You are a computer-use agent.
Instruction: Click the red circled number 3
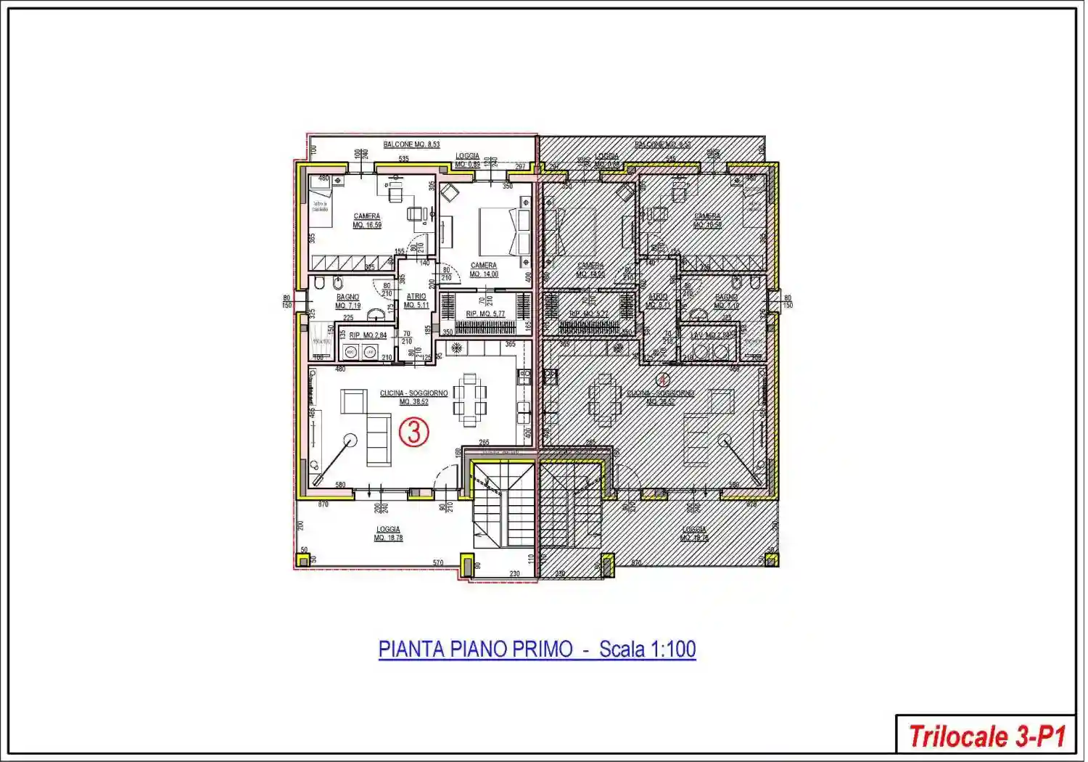click(414, 433)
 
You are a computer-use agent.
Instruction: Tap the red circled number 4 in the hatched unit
click(662, 379)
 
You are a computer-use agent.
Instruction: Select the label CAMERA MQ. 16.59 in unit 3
click(367, 221)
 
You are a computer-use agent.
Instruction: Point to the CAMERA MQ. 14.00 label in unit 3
click(484, 270)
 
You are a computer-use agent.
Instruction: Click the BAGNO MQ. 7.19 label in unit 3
click(348, 301)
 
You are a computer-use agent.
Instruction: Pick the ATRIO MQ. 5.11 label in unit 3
click(416, 300)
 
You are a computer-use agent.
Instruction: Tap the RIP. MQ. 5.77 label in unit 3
click(485, 314)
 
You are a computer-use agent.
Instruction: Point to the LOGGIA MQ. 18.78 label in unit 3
click(388, 533)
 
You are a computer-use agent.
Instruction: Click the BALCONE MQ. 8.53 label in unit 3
click(411, 144)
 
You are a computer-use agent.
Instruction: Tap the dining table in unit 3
click(470, 400)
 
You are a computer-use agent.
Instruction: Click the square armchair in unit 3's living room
click(354, 401)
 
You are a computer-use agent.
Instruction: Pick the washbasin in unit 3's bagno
click(376, 314)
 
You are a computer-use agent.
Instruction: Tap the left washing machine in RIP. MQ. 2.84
click(351, 353)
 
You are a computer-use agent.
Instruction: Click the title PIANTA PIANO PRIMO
click(476, 649)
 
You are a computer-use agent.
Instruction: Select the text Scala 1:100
click(648, 649)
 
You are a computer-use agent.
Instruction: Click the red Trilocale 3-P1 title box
click(986, 736)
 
